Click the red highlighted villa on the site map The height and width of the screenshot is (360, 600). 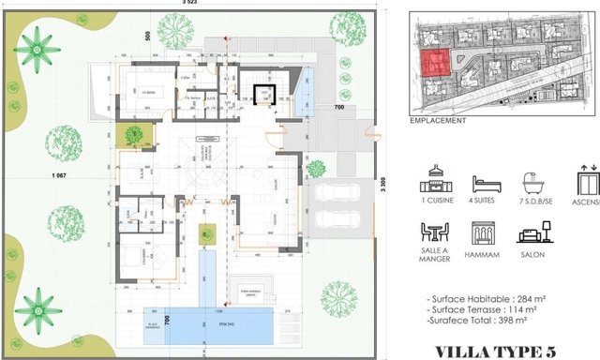434,66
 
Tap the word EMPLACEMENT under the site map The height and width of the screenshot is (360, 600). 438,121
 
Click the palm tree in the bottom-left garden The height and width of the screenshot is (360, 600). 38,307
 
